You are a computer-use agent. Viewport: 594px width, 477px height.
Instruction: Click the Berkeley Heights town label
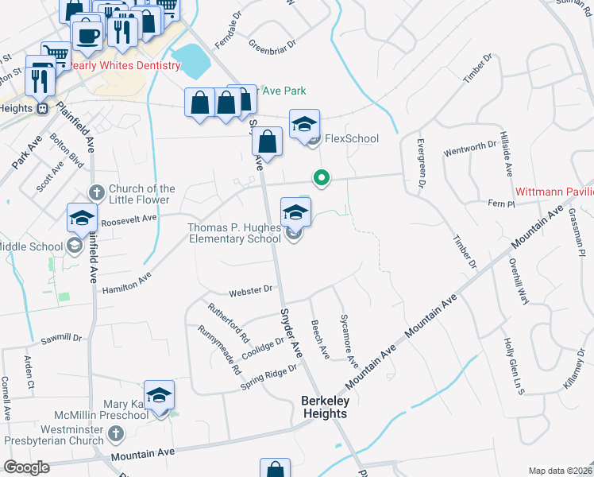324,407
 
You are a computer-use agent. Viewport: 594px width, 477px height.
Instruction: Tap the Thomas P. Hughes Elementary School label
234,233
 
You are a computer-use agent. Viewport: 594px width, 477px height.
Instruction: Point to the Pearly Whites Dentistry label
125,65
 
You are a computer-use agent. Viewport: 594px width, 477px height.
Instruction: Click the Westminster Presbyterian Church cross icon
116,433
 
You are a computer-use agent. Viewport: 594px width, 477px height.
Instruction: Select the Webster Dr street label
250,292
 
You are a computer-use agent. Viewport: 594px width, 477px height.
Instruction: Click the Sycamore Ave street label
349,339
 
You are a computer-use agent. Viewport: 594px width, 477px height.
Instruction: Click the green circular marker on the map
321,178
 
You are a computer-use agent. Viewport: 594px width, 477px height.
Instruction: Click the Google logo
26,467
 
